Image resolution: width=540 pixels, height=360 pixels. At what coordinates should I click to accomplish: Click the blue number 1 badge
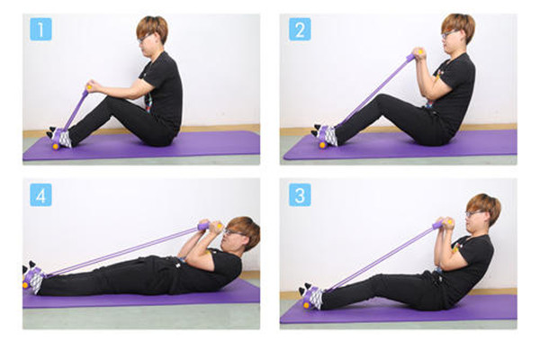40,30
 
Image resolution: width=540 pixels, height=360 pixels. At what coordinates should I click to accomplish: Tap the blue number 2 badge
300,30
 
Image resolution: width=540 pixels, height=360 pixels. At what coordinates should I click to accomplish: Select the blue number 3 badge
300,194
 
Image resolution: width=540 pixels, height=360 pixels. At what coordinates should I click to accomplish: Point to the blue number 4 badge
40,194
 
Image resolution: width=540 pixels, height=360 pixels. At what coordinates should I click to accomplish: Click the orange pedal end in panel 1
56,147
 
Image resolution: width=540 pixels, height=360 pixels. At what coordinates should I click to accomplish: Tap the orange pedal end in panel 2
323,145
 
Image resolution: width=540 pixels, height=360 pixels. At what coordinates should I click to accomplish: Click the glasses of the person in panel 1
145,37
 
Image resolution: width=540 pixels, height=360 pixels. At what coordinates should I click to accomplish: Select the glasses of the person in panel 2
449,34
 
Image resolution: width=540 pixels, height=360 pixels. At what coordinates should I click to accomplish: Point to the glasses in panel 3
473,213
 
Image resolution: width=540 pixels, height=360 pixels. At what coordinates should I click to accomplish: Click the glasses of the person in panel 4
232,232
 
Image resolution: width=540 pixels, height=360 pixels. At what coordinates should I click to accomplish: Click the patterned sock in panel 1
65,139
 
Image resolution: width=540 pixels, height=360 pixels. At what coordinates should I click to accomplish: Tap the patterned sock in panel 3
316,298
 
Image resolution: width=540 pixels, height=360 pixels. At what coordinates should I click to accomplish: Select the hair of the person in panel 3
486,207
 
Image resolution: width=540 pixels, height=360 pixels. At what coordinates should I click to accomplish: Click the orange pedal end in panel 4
25,285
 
